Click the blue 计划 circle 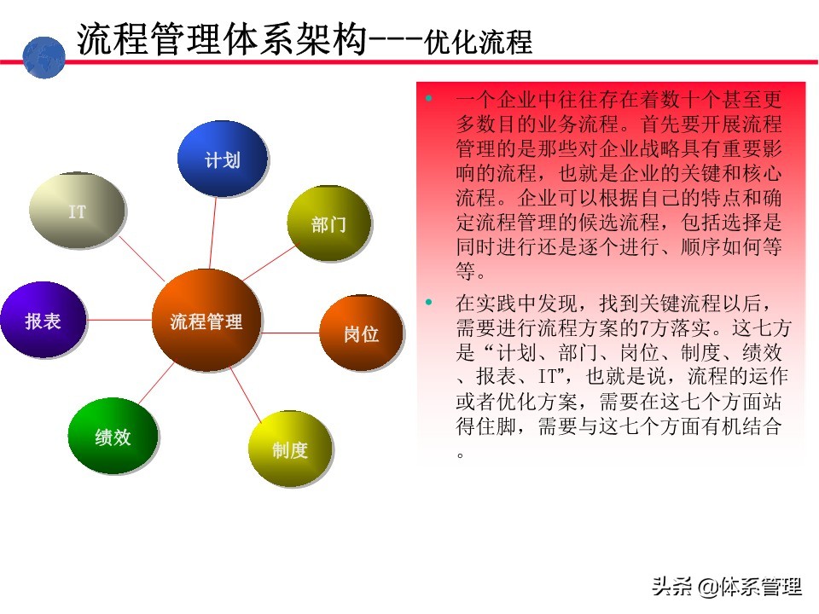click(222, 159)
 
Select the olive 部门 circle click(328, 223)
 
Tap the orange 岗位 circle click(361, 333)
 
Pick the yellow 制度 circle click(289, 449)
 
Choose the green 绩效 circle click(112, 436)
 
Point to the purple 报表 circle click(43, 320)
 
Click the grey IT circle click(77, 211)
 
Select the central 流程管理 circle click(206, 321)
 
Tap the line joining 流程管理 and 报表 click(119, 320)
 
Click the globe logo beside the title click(44, 57)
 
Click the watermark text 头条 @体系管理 click(727, 586)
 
